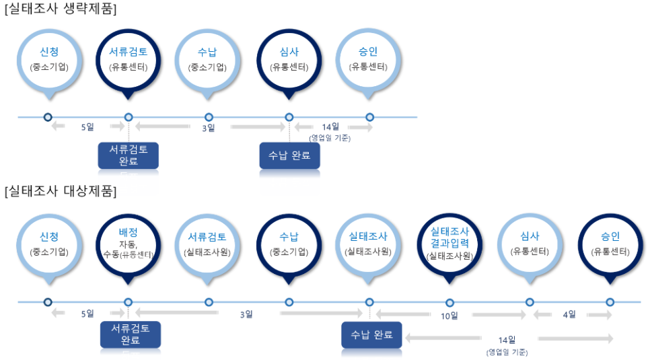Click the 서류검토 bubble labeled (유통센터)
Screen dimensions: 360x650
click(x=128, y=59)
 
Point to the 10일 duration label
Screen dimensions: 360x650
click(x=449, y=316)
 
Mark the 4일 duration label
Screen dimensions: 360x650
click(x=569, y=315)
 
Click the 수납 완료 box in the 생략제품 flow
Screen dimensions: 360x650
click(x=289, y=155)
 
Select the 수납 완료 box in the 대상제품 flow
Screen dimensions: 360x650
click(x=371, y=334)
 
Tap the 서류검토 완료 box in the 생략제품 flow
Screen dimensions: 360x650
click(x=128, y=155)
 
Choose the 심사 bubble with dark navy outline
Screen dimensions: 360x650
click(x=289, y=59)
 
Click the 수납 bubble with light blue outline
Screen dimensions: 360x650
click(x=209, y=59)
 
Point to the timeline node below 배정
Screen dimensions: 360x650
click(x=128, y=303)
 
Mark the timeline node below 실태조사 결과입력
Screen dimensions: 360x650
click(x=449, y=303)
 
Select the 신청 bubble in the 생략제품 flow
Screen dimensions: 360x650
click(x=48, y=59)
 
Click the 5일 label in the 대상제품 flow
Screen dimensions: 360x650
click(x=87, y=314)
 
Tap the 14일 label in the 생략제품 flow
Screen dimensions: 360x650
click(x=330, y=127)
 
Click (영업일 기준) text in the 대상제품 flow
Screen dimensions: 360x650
click(x=507, y=352)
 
